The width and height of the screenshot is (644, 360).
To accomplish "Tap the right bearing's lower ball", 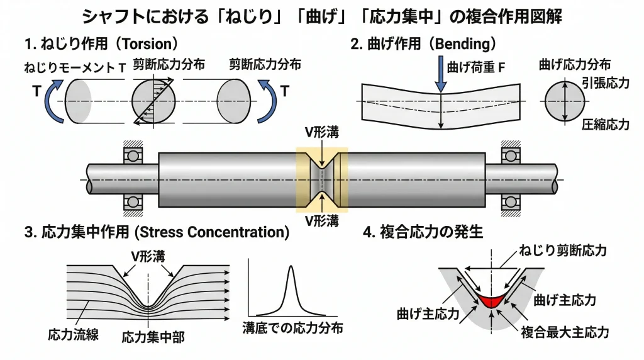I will pyautogui.click(x=509, y=201).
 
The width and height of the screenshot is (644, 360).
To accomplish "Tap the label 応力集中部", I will pyautogui.click(x=153, y=337).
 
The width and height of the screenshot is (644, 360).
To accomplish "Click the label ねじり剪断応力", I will pyautogui.click(x=562, y=251).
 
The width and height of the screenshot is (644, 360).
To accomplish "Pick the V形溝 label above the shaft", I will pyautogui.click(x=321, y=131).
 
